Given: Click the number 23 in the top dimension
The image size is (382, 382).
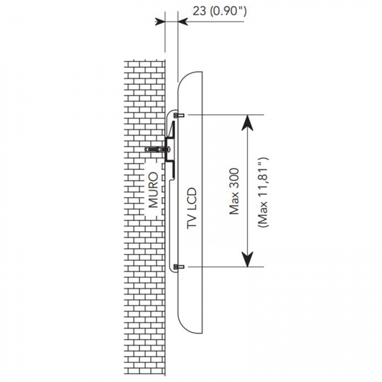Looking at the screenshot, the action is [199, 11].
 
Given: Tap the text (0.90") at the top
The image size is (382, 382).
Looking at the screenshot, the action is [229, 11].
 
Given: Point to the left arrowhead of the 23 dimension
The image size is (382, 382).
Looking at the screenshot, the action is [160, 22].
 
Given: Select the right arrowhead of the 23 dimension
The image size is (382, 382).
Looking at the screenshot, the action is [183, 22].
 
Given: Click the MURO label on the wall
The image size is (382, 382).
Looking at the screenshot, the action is [153, 190].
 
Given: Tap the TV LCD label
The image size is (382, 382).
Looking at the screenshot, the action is [192, 208].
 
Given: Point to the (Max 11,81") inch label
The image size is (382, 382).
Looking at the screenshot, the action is [263, 192].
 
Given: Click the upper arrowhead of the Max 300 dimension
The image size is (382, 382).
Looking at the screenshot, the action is [247, 123].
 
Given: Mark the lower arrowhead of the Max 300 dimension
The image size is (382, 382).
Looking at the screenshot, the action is [247, 259].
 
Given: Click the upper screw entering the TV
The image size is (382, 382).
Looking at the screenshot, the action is [179, 115].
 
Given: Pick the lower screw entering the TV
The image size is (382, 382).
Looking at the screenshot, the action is [179, 267].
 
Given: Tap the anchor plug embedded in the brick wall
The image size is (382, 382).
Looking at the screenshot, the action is [154, 149].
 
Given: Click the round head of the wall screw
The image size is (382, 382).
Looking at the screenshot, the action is [169, 149].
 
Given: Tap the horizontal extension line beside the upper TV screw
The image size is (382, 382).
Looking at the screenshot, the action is [226, 115].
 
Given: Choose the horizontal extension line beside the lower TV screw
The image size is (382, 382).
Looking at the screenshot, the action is [226, 267].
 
